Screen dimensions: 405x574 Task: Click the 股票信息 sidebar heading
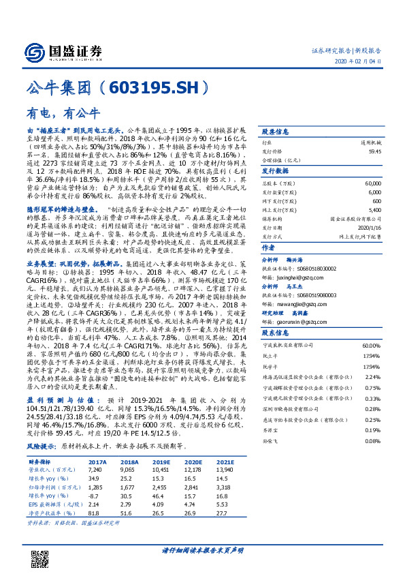click(x=276, y=131)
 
